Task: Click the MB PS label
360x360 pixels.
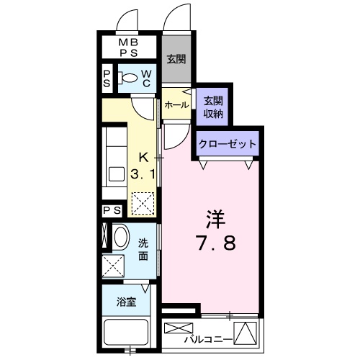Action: click(129, 48)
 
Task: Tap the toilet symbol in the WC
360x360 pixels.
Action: click(128, 78)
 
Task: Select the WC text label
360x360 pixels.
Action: click(146, 78)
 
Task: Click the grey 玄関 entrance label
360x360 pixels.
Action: click(176, 59)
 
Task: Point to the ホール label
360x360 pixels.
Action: click(176, 105)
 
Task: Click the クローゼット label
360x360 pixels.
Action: click(228, 144)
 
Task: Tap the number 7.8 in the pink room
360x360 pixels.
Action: click(217, 243)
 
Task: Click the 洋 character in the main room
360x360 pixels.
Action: click(216, 220)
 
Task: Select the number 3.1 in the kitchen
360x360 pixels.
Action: click(143, 174)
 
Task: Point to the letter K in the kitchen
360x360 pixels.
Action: click(143, 158)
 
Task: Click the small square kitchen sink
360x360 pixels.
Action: click(117, 174)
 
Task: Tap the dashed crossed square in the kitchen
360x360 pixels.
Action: click(143, 203)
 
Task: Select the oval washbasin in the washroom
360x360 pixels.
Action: click(121, 236)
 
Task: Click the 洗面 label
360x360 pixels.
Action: click(143, 250)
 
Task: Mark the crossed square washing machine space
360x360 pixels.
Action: click(113, 266)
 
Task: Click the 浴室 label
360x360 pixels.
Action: click(127, 302)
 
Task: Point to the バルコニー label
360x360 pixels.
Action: click(208, 340)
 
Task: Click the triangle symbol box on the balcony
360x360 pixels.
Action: click(246, 333)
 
